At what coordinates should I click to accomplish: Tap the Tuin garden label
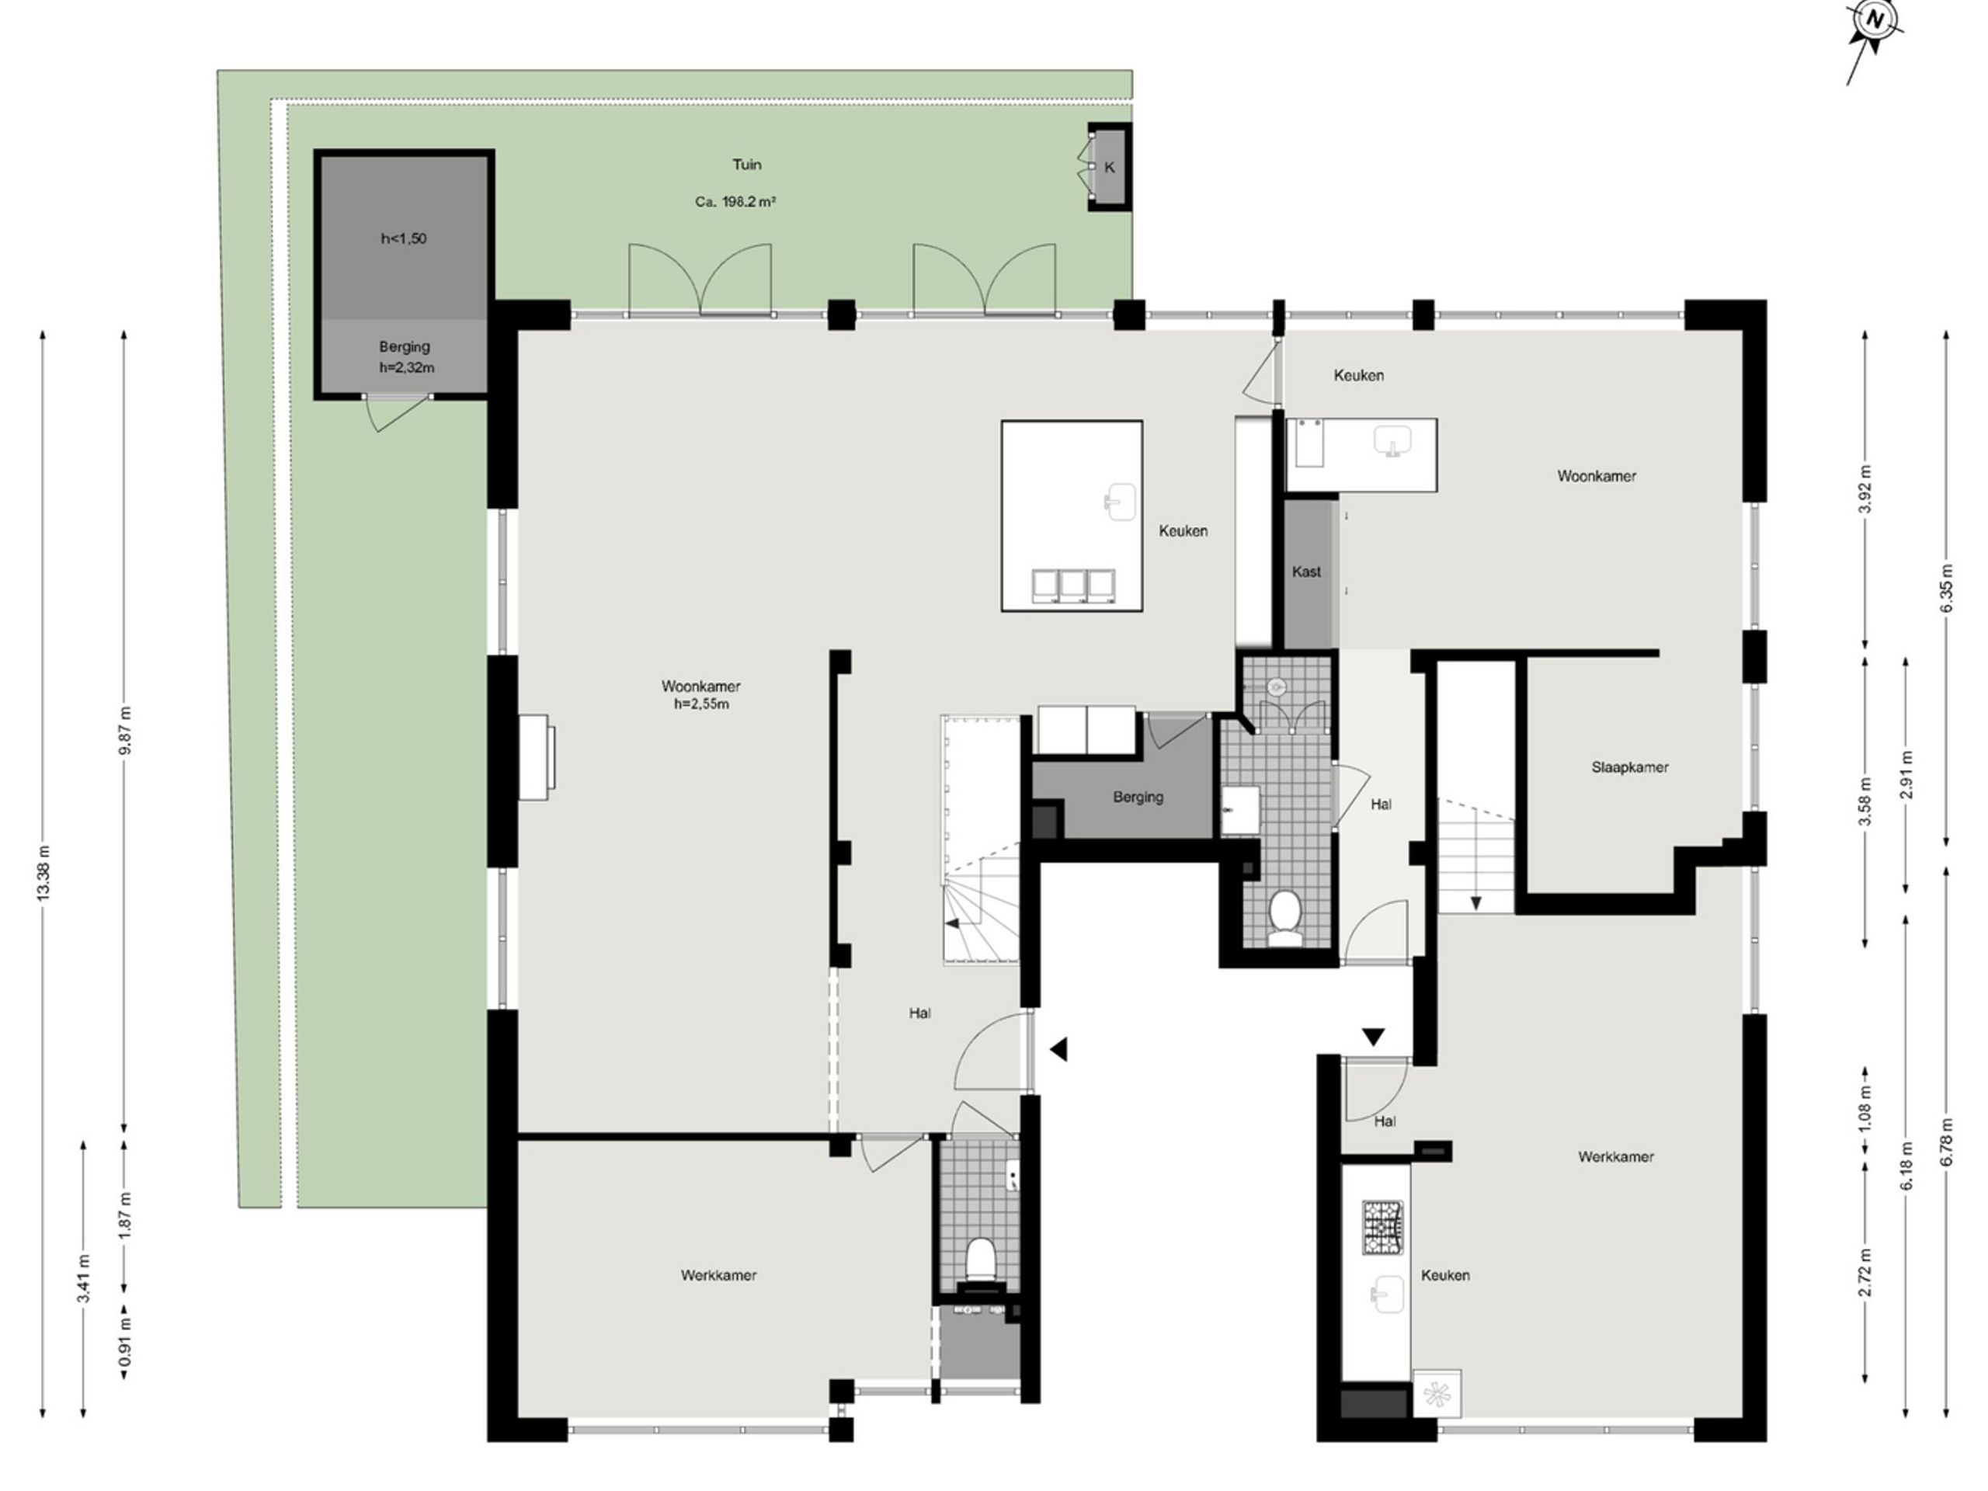tap(747, 165)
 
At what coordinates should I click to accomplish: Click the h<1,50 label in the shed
tap(404, 238)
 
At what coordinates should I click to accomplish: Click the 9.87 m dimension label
tap(126, 730)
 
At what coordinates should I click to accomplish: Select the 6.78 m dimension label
tap(1947, 1142)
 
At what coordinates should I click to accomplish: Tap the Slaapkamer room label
tap(1629, 767)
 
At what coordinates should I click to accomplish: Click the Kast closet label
tap(1306, 572)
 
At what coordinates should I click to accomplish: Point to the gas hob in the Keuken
tap(1382, 1228)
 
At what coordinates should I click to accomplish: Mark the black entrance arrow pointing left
tap(1058, 1049)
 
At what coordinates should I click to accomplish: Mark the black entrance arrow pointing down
tap(1373, 1038)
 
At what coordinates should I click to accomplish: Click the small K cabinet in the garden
tap(1109, 167)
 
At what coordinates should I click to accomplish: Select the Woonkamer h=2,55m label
tap(701, 695)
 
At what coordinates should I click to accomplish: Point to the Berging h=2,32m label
tap(405, 356)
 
